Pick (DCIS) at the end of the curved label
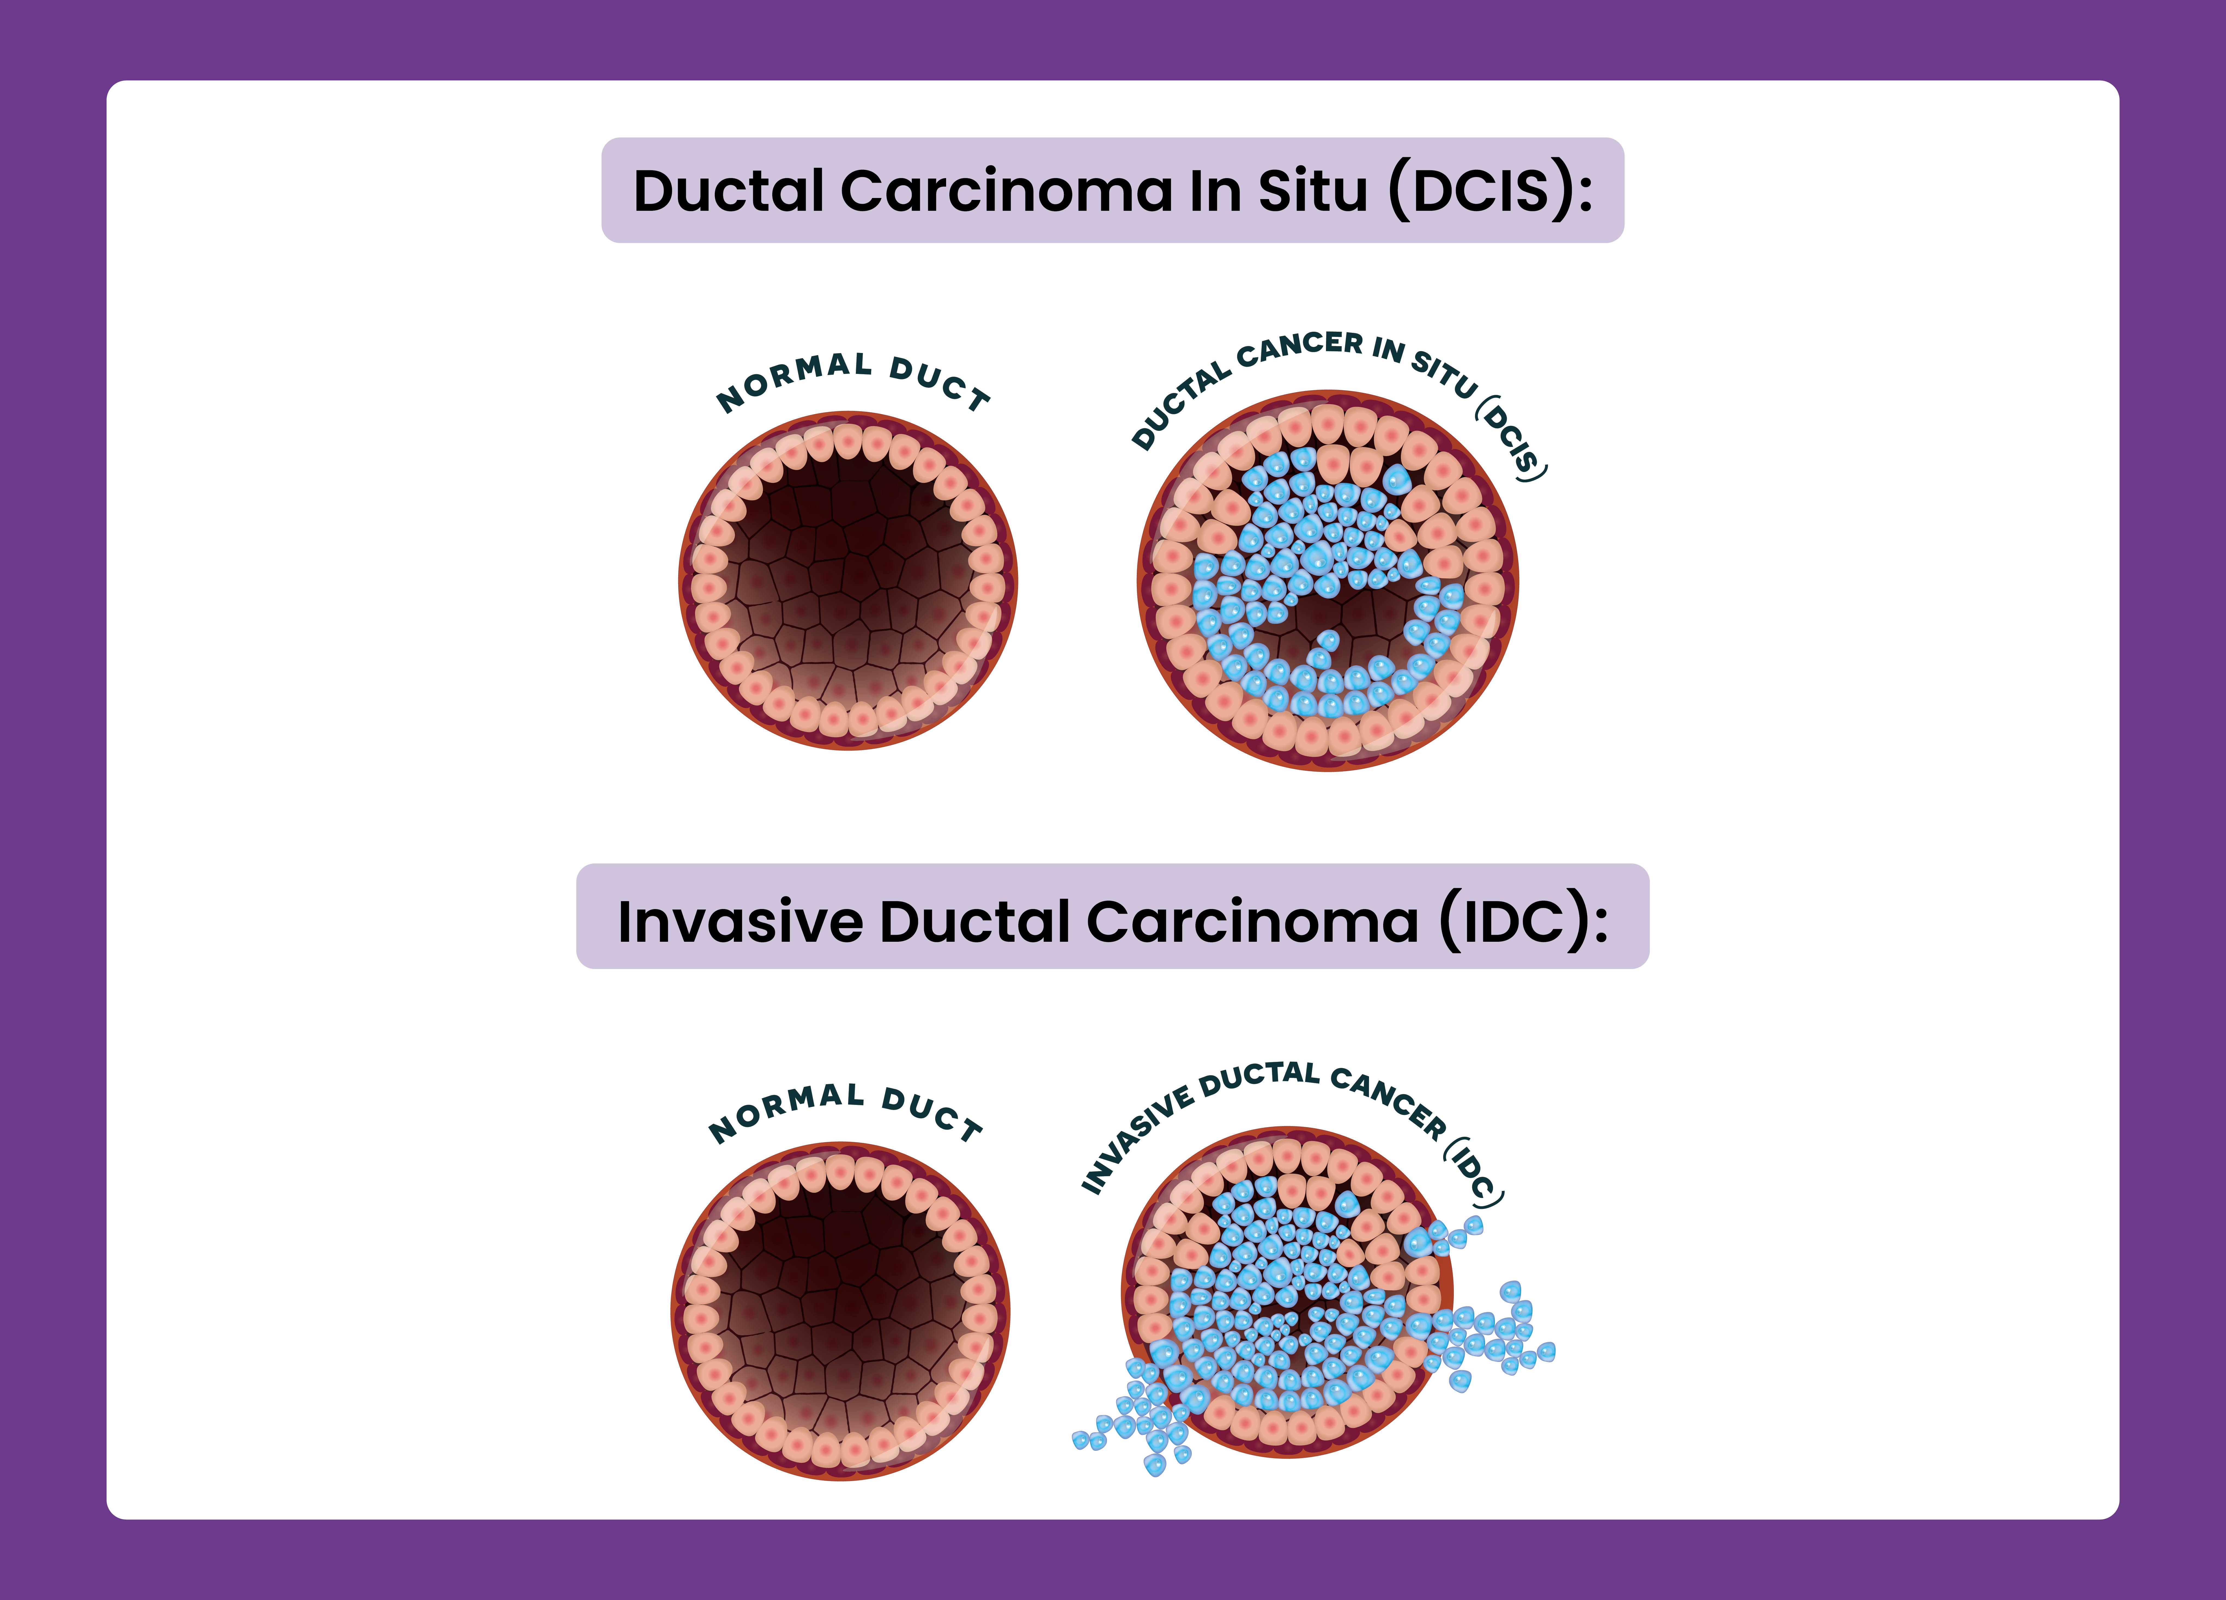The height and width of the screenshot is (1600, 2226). (x=1512, y=438)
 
